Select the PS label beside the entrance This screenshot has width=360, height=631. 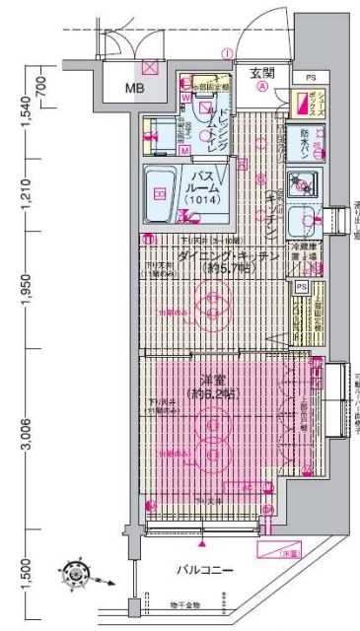[310, 76]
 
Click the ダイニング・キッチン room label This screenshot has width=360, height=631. [216, 255]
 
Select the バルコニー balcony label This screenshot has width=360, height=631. [205, 568]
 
